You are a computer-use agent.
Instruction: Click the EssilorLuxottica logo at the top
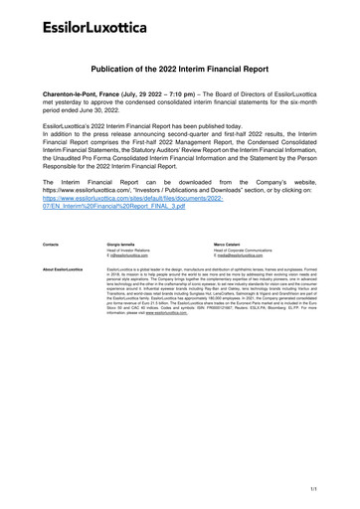tap(79, 22)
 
